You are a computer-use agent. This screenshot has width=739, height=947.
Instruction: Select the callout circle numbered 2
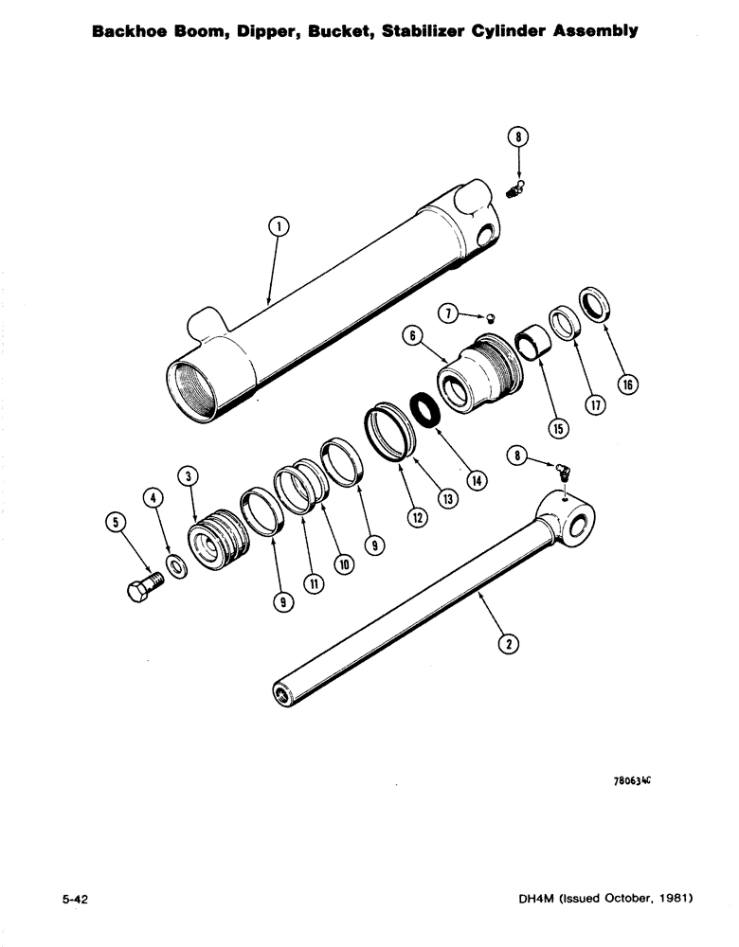point(509,643)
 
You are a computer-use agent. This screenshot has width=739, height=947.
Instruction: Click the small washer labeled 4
point(176,567)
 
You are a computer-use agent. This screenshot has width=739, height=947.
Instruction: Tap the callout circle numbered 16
point(630,384)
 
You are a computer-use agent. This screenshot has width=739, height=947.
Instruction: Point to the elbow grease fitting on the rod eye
point(562,471)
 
